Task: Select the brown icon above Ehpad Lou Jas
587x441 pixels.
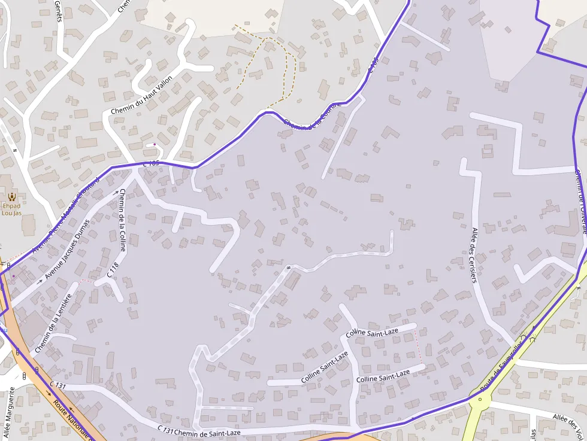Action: pos(11,196)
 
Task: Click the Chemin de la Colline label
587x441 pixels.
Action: pos(122,220)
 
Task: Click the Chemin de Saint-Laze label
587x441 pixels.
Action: pos(207,433)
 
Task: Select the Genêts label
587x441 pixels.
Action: pos(58,11)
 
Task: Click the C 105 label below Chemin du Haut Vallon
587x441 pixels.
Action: pos(151,163)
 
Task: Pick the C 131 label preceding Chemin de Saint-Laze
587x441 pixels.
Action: pos(165,429)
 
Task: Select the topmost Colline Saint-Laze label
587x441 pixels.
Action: pos(373,332)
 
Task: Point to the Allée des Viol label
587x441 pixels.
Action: pos(568,421)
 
